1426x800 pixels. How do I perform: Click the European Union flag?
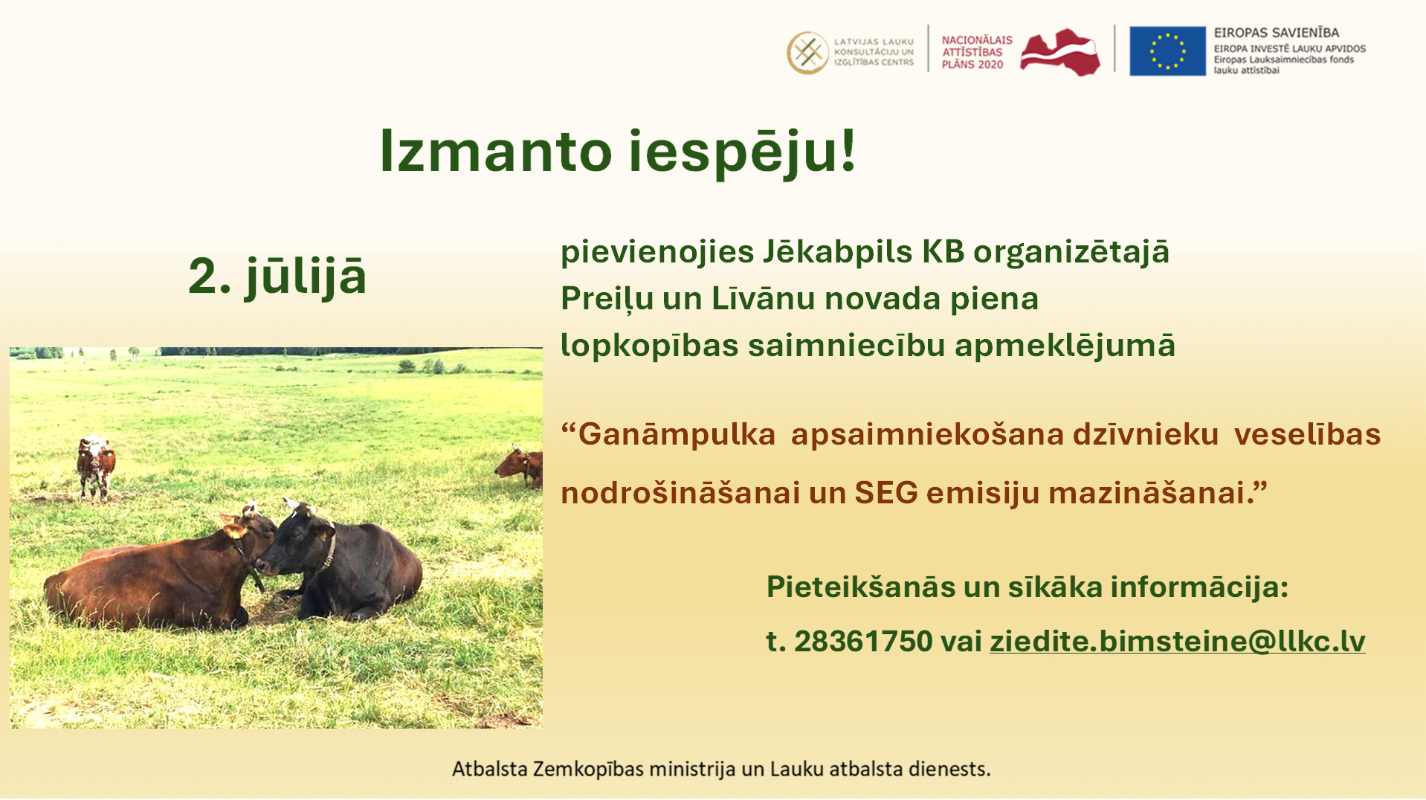[x=1167, y=51]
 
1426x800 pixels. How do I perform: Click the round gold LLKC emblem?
[x=807, y=53]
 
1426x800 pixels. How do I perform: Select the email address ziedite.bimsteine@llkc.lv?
[x=1177, y=641]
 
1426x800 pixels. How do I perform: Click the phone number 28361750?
[x=863, y=641]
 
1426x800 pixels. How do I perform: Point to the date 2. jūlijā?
[x=277, y=277]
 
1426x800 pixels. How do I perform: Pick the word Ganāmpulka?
[x=677, y=434]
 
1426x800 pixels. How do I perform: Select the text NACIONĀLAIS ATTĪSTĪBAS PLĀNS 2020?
[x=977, y=52]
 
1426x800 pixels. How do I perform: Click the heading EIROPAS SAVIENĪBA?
[x=1277, y=33]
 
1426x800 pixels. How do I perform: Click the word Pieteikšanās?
[x=861, y=587]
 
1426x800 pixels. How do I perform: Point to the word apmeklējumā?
[x=1065, y=346]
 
